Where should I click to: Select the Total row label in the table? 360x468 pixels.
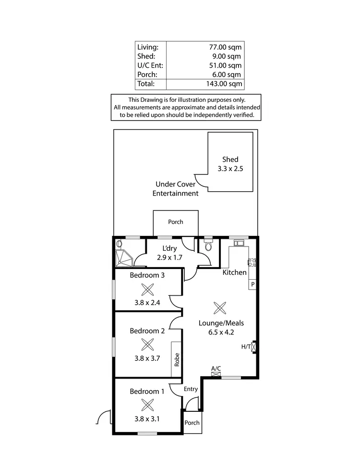[146, 84]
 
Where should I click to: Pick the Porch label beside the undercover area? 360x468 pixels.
[175, 222]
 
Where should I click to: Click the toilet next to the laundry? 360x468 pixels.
[207, 246]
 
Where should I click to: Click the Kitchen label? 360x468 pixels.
[234, 272]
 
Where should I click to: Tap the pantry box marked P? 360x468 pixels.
[252, 284]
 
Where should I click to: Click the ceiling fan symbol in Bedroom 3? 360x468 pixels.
[147, 289]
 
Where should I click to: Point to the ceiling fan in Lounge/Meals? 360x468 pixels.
[219, 308]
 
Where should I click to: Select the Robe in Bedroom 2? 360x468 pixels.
[177, 359]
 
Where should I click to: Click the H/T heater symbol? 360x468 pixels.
[254, 347]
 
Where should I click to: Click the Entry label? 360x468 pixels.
[191, 389]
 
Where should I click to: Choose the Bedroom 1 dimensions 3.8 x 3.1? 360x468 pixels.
[147, 419]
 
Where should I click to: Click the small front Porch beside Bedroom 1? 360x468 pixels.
[192, 423]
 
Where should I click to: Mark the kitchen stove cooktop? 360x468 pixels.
[252, 262]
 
